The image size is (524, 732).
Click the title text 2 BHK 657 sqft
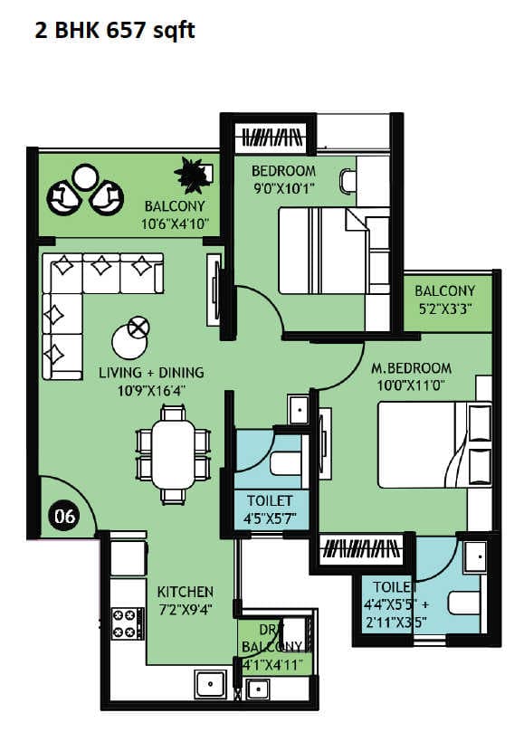click(114, 30)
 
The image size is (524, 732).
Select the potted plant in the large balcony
click(192, 175)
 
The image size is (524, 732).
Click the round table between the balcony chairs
click(85, 176)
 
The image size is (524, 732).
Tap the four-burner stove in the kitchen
click(128, 623)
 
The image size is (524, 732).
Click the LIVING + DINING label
click(150, 373)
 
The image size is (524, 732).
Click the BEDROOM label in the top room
click(283, 171)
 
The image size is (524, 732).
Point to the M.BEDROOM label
click(411, 368)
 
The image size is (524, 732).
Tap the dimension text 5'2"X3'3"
click(444, 309)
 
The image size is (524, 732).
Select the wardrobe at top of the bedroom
click(271, 138)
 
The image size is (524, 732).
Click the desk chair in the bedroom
click(348, 180)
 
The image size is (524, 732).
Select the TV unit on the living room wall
click(214, 289)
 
